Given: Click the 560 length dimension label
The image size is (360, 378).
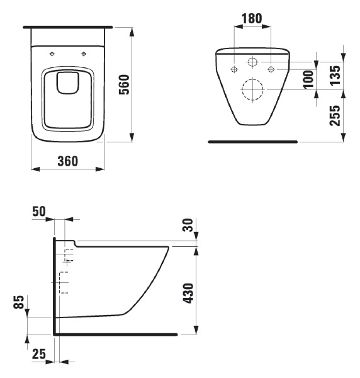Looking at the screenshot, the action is (x=125, y=84).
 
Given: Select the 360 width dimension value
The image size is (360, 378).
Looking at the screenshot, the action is (x=68, y=161).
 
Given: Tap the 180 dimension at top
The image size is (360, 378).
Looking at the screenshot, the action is (x=252, y=18).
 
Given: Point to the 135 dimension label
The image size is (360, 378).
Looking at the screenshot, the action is (x=335, y=75).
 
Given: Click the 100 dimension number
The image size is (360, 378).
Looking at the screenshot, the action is (x=309, y=79).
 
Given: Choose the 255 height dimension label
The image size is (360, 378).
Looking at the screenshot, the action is (x=335, y=115).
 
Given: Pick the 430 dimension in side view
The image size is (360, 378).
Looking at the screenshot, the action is (x=188, y=293).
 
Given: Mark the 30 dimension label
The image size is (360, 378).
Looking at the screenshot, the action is (x=188, y=225).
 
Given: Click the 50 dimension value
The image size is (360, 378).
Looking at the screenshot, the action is (x=39, y=212).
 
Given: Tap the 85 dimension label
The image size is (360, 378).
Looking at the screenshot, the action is (x=19, y=302).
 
